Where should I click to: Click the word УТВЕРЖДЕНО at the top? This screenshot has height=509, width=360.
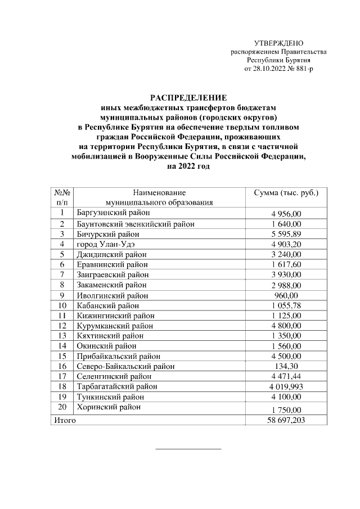(278, 43)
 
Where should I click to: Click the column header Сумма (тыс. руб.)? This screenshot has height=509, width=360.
(287, 192)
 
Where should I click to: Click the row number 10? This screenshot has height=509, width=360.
(62, 305)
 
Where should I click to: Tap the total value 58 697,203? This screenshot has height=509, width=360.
(287, 420)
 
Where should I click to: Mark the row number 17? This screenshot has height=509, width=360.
(62, 376)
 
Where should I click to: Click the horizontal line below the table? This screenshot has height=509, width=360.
(188, 449)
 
